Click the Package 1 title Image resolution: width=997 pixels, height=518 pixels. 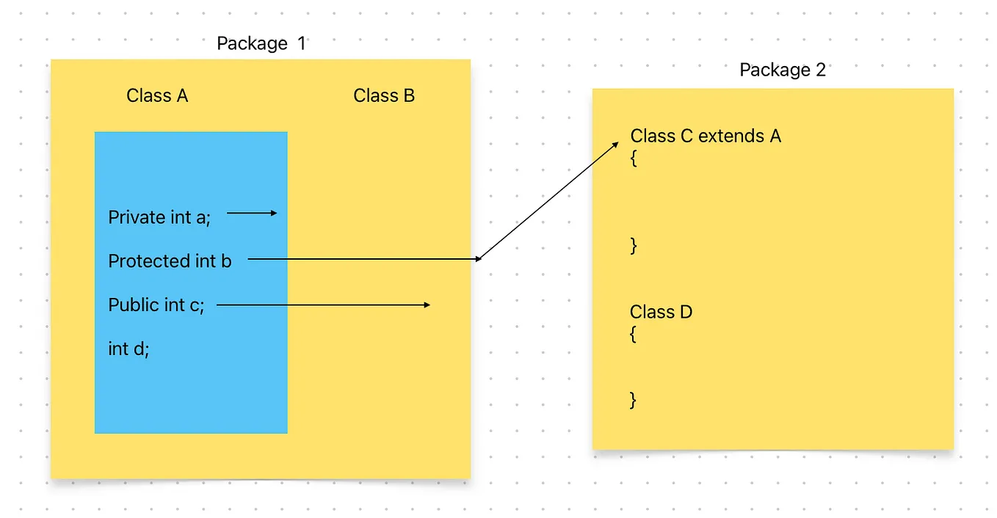click(x=261, y=44)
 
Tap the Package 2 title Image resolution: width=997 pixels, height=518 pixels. click(x=782, y=70)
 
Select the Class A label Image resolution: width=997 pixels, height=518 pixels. click(x=157, y=96)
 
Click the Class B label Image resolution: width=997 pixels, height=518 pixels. click(x=384, y=96)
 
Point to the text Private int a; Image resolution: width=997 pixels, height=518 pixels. click(x=159, y=217)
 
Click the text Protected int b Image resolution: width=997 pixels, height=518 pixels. click(x=170, y=261)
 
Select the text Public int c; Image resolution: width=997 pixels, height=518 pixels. click(x=156, y=305)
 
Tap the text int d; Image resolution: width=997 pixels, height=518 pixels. click(x=128, y=349)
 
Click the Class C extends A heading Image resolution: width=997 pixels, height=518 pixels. click(x=705, y=136)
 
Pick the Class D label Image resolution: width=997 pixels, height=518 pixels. click(x=661, y=313)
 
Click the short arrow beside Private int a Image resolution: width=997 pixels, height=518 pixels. click(x=252, y=214)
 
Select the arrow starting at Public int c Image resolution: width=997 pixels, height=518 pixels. click(x=323, y=304)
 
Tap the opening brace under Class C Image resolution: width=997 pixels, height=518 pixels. click(x=634, y=158)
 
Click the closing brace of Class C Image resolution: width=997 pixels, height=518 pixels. click(x=634, y=246)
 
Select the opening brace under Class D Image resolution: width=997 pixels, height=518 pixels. click(x=634, y=335)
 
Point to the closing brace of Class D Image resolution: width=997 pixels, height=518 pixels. click(x=634, y=400)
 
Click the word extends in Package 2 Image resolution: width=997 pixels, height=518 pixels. click(x=730, y=136)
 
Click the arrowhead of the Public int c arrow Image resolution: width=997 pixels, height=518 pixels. click(x=427, y=304)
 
